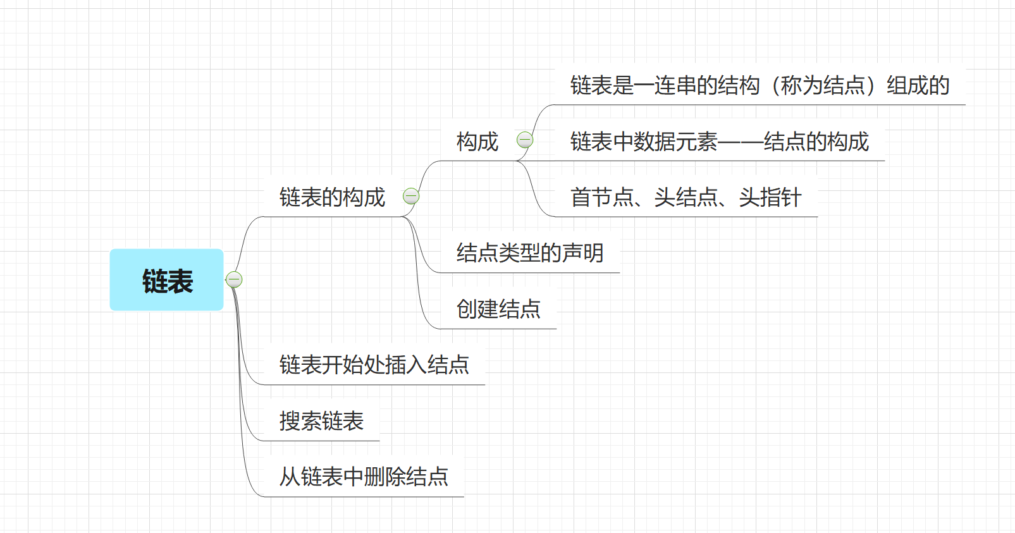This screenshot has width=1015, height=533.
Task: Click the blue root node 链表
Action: (166, 280)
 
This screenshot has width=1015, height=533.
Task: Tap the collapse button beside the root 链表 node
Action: (234, 279)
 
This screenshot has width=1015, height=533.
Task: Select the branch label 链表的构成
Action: (332, 197)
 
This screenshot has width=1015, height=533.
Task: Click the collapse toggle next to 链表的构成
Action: (411, 196)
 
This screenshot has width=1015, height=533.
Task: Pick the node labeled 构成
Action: (477, 142)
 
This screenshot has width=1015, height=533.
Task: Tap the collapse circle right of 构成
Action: (525, 140)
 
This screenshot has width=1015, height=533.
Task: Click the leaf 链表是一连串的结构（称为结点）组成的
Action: (759, 85)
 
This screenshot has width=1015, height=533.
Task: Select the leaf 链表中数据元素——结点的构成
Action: (719, 142)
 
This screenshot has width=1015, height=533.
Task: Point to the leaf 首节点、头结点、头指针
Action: (686, 197)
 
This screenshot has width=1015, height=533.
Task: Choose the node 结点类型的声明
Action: (529, 253)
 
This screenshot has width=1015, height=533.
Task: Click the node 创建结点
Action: (498, 309)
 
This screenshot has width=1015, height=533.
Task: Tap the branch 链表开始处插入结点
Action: (374, 365)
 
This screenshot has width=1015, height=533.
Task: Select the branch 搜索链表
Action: (321, 421)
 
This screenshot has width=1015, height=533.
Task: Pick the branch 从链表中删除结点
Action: (364, 477)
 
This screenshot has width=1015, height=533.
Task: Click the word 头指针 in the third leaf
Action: (770, 197)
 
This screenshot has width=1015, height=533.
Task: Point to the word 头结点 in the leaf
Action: (686, 197)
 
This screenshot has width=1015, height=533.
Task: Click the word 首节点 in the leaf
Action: (601, 197)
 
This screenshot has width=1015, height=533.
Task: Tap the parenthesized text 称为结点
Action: (822, 85)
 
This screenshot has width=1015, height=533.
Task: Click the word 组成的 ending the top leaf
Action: (918, 85)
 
